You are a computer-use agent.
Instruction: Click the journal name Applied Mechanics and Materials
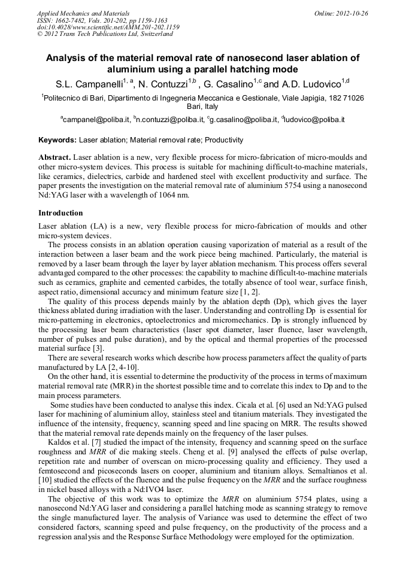[83, 13]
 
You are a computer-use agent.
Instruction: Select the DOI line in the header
[108, 27]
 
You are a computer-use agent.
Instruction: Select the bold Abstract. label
[54, 156]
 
